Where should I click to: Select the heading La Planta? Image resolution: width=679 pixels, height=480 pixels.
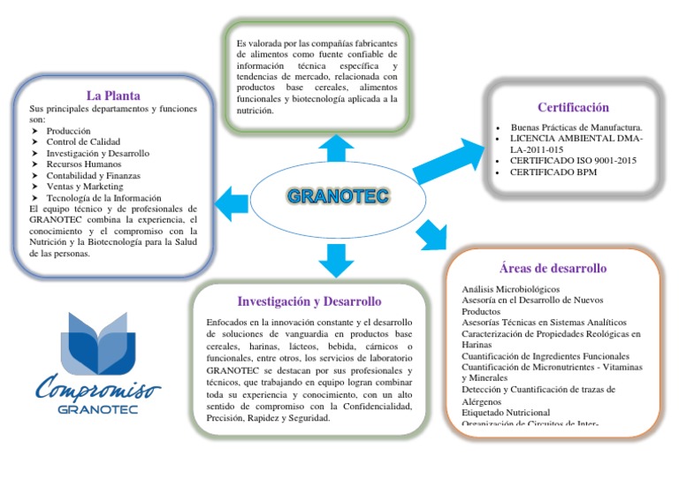113,95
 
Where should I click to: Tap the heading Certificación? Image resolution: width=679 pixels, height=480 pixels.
573,108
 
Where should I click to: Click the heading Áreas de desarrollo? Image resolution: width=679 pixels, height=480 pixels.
553,269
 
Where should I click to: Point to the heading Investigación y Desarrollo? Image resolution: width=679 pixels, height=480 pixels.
309,301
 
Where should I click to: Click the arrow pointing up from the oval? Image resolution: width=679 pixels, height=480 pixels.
336,149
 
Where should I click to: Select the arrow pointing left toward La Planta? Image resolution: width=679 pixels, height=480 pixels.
233,202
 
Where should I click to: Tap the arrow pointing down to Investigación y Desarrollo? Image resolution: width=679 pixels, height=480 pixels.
336,258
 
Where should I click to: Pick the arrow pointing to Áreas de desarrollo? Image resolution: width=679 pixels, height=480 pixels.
431,233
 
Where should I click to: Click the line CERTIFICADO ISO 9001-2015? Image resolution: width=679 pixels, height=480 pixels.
571,161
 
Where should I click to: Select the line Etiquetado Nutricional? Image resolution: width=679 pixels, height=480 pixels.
506,413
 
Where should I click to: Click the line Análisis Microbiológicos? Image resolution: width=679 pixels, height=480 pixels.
510,289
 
